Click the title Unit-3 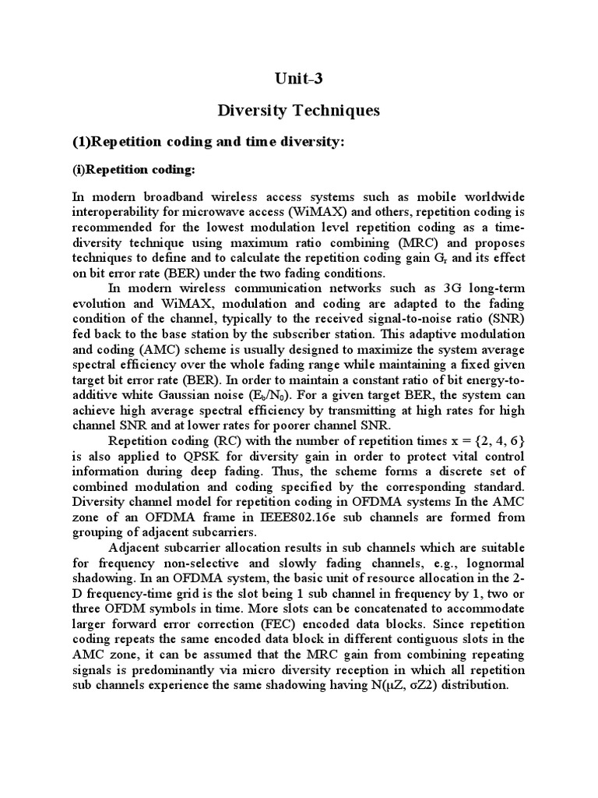point(299,78)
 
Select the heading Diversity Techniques point(299,111)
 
